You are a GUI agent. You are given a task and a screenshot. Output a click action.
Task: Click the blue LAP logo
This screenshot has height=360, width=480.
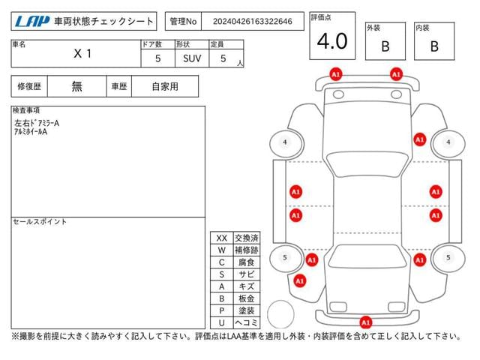[32, 21]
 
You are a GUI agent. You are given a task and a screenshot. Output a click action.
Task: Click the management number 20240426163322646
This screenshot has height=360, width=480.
[252, 22]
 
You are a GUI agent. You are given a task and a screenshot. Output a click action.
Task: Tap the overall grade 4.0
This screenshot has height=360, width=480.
[332, 41]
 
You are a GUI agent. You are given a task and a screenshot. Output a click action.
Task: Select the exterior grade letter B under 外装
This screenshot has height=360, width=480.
[385, 46]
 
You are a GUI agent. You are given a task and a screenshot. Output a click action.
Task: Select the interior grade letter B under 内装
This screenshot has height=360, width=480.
[434, 46]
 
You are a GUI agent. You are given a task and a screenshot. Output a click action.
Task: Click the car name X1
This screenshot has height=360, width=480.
[82, 54]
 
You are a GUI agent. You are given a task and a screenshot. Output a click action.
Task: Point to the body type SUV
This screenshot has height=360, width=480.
[192, 58]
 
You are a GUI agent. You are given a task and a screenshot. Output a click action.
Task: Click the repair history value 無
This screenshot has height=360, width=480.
[76, 86]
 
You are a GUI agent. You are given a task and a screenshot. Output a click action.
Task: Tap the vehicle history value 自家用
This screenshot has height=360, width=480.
[165, 86]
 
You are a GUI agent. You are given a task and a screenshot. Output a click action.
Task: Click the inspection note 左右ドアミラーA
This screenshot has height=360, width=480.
[37, 123]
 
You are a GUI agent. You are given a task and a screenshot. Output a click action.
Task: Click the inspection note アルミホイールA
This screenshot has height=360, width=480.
[31, 132]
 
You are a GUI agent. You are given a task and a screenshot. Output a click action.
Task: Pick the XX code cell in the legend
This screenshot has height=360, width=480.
[222, 238]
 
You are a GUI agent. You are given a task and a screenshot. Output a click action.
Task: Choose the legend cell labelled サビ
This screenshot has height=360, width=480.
[247, 274]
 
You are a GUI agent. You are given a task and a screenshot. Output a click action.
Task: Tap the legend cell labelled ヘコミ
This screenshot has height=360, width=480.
[247, 322]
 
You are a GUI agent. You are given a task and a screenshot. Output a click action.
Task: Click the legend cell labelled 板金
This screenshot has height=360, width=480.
[247, 298]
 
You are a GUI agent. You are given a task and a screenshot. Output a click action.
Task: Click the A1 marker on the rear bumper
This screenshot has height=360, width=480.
[366, 322]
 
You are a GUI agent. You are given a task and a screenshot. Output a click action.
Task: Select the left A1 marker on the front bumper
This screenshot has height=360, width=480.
[336, 74]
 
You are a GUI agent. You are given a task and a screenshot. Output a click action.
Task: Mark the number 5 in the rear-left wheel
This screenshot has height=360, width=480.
[285, 257]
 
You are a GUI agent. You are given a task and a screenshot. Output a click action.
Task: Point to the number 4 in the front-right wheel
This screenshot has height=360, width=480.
[448, 142]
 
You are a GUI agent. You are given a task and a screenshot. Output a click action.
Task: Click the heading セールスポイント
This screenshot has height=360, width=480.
[40, 222]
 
